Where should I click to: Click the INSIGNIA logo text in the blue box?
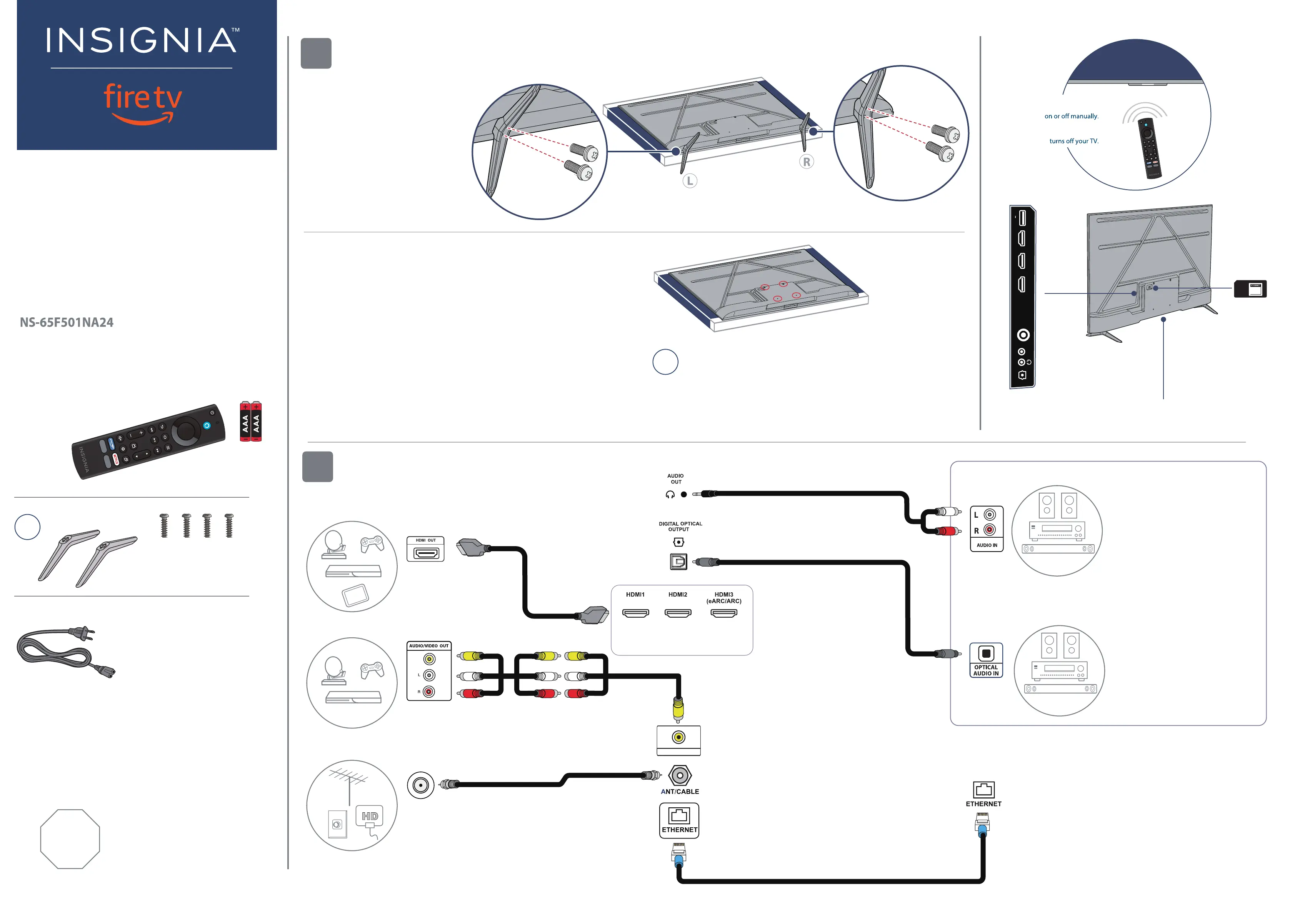[x=142, y=41]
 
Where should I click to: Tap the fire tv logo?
[x=143, y=102]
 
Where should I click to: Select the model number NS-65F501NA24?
[x=67, y=323]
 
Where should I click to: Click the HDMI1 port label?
[x=635, y=595]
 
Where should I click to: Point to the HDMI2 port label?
[x=678, y=595]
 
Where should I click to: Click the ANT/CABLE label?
[x=680, y=792]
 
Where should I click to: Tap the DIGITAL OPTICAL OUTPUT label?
[x=680, y=526]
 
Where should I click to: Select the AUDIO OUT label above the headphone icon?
[x=676, y=479]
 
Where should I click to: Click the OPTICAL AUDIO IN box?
[x=986, y=660]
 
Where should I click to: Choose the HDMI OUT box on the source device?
[x=426, y=549]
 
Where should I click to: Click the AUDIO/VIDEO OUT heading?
[x=429, y=646]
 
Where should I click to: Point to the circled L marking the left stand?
[x=690, y=181]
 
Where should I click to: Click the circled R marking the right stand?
[x=807, y=162]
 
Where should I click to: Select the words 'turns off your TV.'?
[x=1074, y=141]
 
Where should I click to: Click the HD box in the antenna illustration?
[x=370, y=816]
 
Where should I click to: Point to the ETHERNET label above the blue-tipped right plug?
[x=984, y=804]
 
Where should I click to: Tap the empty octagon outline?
[x=70, y=839]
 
